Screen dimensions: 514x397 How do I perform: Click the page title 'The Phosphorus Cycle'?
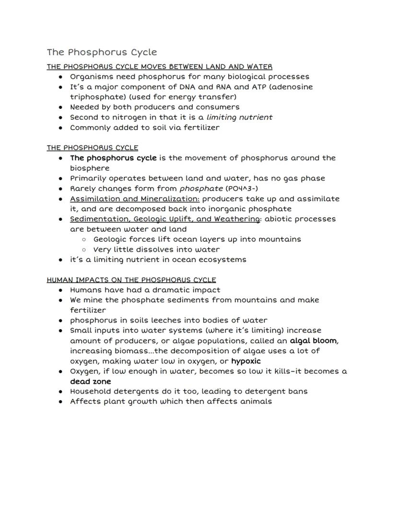click(102, 52)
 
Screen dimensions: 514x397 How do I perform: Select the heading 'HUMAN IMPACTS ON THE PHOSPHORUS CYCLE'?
click(131, 280)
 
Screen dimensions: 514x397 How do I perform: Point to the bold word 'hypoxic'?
click(245, 361)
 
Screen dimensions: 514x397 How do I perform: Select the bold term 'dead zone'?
click(90, 382)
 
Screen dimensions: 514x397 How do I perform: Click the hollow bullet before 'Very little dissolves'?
click(84, 250)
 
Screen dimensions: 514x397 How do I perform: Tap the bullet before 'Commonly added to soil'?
click(60, 128)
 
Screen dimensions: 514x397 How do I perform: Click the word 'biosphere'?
click(90, 168)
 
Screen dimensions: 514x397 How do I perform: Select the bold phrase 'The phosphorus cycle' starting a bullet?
click(113, 158)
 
